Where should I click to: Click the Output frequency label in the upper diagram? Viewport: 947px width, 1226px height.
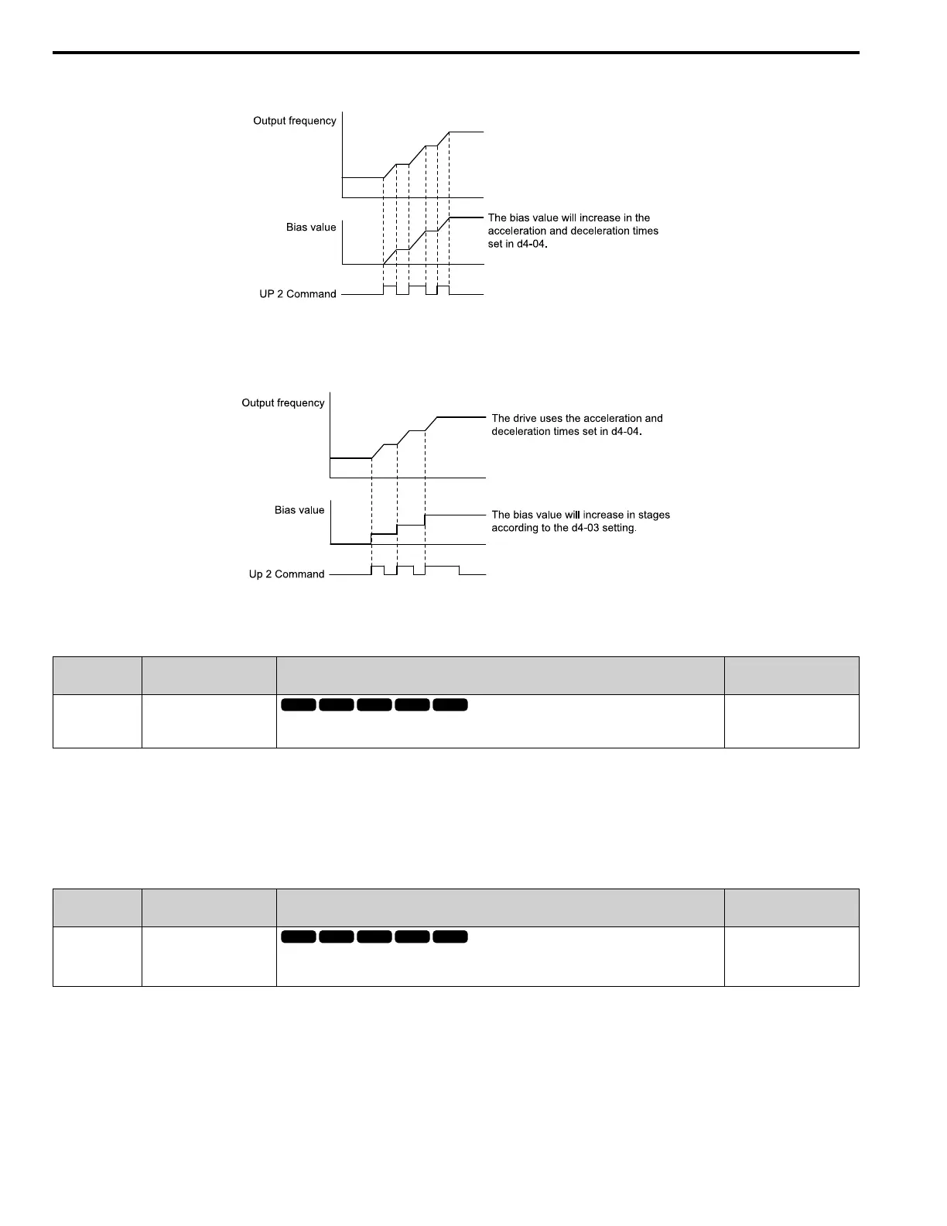[x=295, y=121]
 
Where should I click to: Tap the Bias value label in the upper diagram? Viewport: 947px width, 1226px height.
[x=311, y=228]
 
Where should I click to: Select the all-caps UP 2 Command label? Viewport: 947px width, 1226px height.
[x=298, y=294]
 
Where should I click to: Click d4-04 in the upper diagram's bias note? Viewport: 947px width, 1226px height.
[x=531, y=244]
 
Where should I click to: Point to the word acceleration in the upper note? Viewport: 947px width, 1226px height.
[x=517, y=231]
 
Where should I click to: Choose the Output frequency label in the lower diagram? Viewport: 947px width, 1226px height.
[x=283, y=403]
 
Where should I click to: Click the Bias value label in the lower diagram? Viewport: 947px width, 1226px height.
[x=299, y=510]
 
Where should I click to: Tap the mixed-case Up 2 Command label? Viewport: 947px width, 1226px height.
[x=286, y=574]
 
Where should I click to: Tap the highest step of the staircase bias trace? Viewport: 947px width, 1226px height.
[x=455, y=514]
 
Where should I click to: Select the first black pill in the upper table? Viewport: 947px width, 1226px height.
[x=299, y=704]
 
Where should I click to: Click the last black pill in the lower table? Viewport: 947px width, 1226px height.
[x=450, y=937]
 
